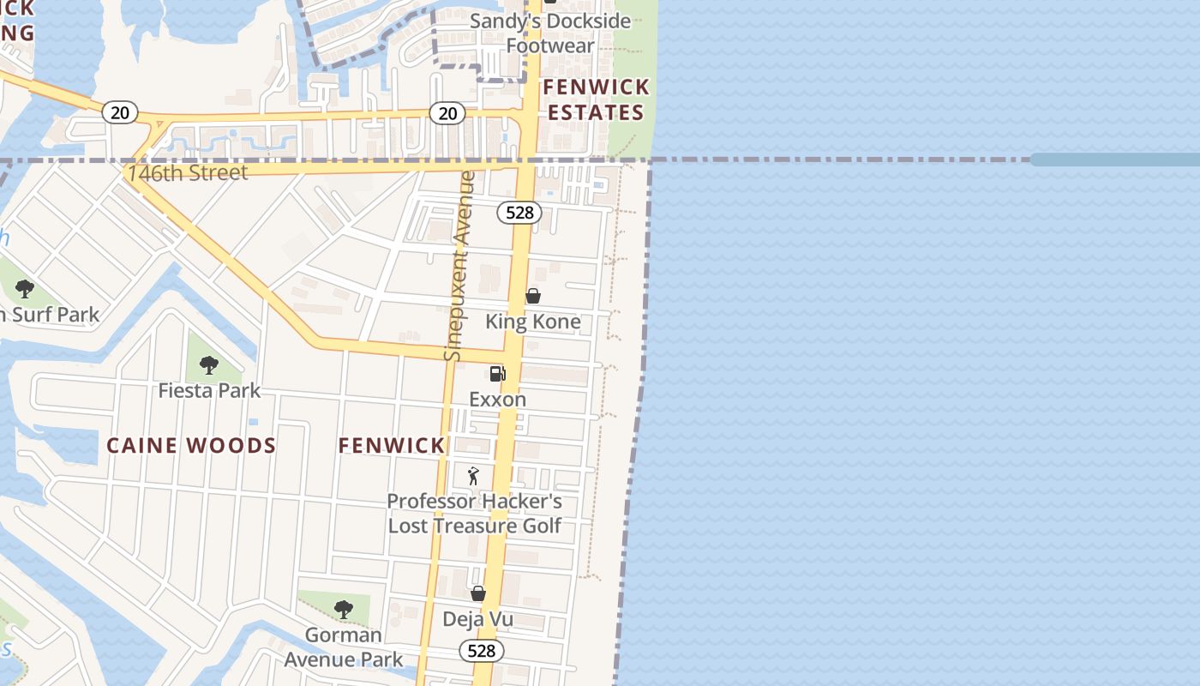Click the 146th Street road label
188,172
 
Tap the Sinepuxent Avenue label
459,266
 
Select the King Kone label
533,322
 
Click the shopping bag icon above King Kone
533,296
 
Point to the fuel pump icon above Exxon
497,374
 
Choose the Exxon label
497,400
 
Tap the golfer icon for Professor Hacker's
473,475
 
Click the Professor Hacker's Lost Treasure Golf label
475,513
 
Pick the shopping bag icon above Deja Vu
478,593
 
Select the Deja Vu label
477,619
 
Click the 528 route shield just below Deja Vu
482,651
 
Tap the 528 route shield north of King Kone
519,213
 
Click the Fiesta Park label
209,391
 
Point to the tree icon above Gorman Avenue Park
343,610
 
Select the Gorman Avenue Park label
343,647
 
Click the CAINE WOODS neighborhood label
191,445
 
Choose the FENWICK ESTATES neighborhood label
597,99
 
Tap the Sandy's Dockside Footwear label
549,33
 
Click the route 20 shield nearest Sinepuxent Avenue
447,112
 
